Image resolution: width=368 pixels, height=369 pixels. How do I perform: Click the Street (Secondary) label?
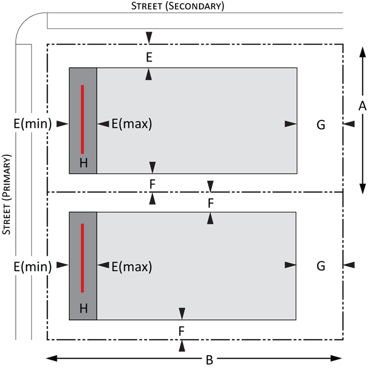(178, 6)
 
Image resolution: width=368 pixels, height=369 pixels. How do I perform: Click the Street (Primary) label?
(6, 195)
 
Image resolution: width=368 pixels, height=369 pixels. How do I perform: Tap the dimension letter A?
(362, 106)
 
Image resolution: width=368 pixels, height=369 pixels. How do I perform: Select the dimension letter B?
(210, 360)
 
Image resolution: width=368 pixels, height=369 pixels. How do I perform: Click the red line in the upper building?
(82, 119)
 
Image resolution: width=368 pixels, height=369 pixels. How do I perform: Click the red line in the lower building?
(82, 258)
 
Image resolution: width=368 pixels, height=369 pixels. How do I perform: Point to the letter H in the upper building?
(84, 163)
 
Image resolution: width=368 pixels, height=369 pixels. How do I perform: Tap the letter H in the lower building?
(84, 308)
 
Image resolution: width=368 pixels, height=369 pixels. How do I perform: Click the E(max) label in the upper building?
(132, 124)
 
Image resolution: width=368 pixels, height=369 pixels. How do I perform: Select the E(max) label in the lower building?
(132, 267)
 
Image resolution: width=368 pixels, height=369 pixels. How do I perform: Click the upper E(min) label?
(33, 123)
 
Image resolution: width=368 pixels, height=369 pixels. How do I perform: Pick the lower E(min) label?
(33, 267)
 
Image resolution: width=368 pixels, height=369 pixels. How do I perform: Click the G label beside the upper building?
(321, 125)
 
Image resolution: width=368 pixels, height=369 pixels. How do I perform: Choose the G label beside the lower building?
(321, 266)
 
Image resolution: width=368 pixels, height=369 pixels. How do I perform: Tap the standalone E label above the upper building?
(149, 57)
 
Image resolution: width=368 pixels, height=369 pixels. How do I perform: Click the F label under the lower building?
(181, 331)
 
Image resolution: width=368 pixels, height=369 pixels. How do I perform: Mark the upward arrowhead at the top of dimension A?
(363, 52)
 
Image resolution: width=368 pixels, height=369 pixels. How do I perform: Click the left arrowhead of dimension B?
(52, 358)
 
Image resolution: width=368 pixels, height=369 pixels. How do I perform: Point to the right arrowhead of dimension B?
(336, 358)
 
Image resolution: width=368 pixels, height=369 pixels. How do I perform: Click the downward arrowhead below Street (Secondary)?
(149, 38)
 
